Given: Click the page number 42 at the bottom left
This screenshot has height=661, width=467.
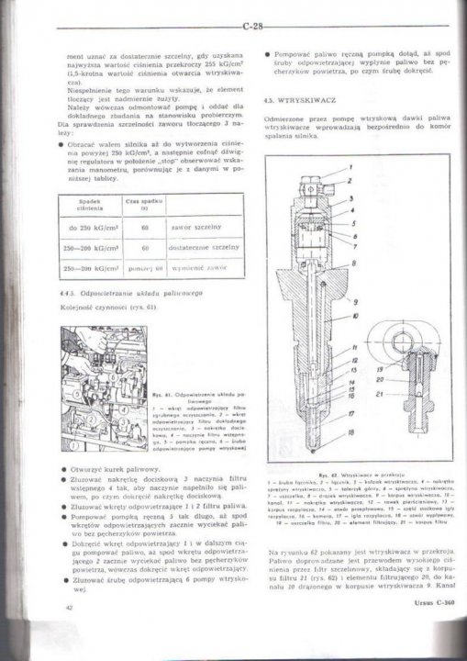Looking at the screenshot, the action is (x=69, y=633).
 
